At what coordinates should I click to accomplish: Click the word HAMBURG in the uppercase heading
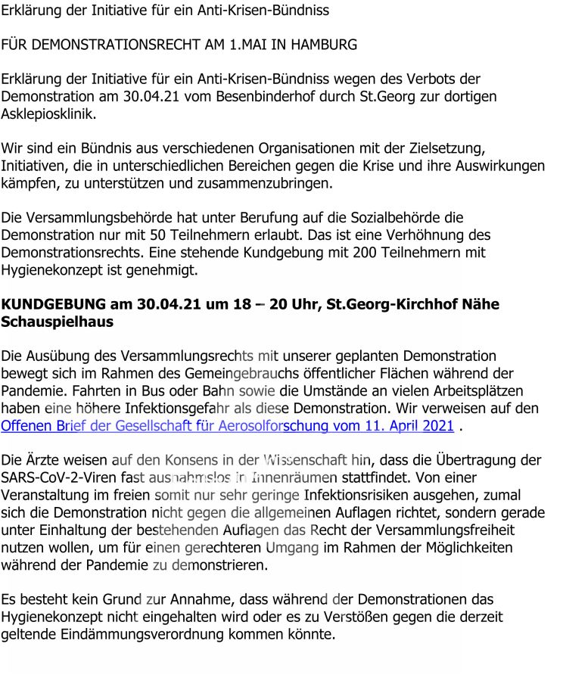pos(322,45)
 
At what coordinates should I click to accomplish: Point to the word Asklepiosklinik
pos(48,114)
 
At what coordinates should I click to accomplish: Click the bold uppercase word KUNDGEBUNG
pos(54,304)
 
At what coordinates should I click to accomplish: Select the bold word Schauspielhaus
pos(58,322)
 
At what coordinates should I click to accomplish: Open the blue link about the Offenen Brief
pos(227,426)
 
